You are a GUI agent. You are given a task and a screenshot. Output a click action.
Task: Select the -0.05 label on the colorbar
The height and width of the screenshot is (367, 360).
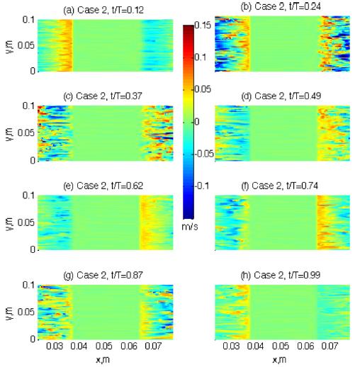[x=206, y=153]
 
